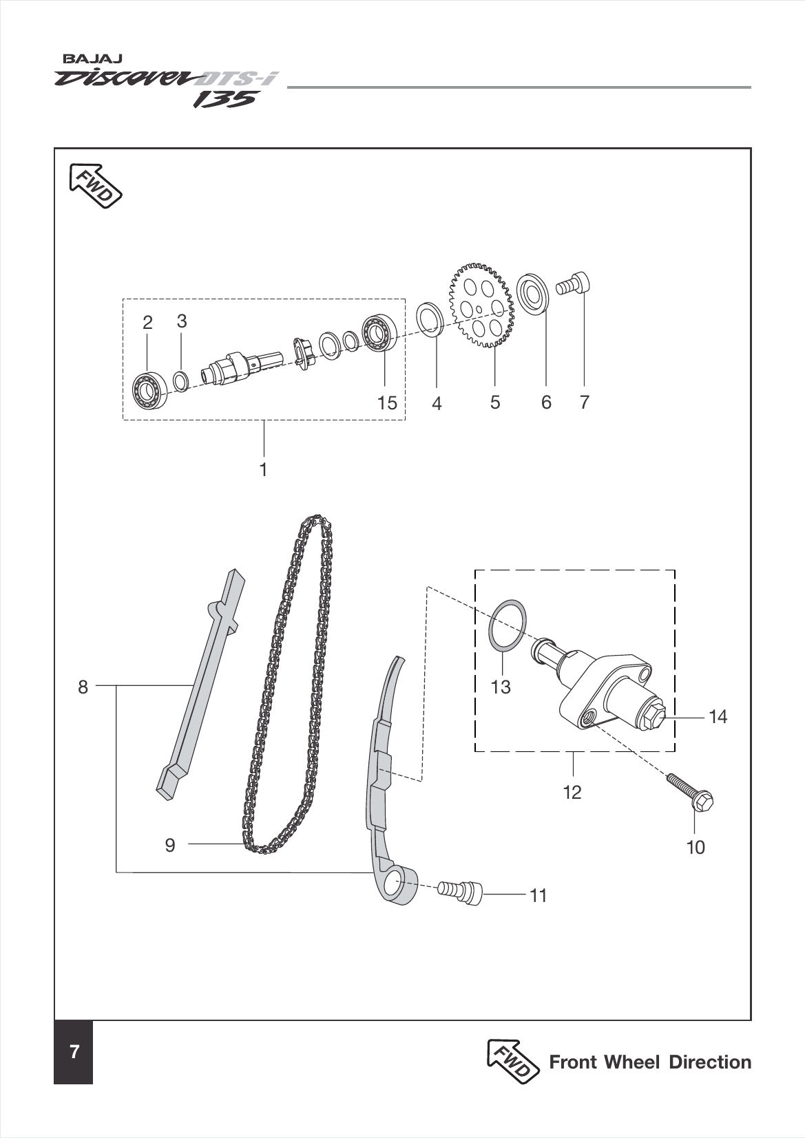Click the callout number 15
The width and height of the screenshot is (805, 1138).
click(x=388, y=403)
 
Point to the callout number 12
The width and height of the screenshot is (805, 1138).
click(x=572, y=793)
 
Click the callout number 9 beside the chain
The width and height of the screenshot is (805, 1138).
click(x=170, y=845)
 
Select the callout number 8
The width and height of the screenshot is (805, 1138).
click(x=83, y=687)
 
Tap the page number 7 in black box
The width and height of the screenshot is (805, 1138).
click(x=74, y=1052)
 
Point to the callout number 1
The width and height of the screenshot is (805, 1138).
click(x=263, y=470)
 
